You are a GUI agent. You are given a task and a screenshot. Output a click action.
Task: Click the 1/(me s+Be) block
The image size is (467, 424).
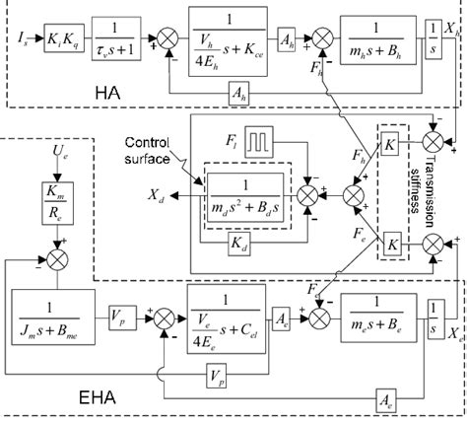[378, 310]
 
